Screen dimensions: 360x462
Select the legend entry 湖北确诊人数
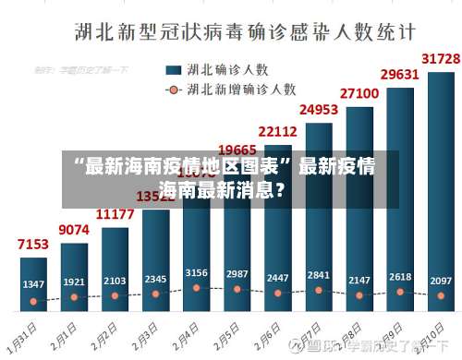click(227, 69)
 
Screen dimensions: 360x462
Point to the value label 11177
click(115, 214)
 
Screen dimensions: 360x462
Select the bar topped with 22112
click(278, 231)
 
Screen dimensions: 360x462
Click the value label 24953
click(318, 110)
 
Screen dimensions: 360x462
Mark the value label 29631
click(400, 74)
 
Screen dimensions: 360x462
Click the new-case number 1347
click(34, 283)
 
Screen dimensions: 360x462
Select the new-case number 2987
click(237, 274)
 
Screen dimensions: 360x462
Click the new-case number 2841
click(319, 274)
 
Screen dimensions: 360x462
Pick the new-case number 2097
click(441, 280)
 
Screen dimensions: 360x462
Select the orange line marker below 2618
click(400, 292)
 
